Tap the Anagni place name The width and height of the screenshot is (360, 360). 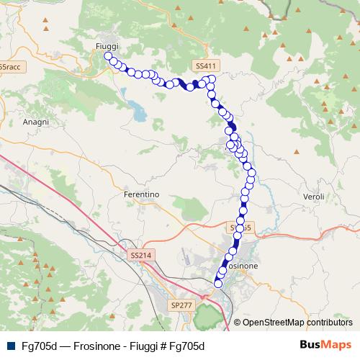(x=35, y=122)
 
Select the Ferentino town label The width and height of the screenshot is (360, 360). (x=141, y=194)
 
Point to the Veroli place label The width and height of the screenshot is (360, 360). (x=315, y=197)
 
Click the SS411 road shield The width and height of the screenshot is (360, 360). (x=206, y=66)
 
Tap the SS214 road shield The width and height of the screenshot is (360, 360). (x=141, y=255)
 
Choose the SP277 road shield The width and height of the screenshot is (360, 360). (x=181, y=305)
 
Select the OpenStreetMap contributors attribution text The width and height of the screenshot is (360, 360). (x=297, y=322)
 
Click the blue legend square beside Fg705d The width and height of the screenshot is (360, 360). (x=11, y=345)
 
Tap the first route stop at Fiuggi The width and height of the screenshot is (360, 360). (x=108, y=55)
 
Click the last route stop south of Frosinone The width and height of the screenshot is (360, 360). (x=218, y=284)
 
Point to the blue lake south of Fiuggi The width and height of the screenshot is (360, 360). (x=136, y=109)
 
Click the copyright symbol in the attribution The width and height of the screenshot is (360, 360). (x=237, y=322)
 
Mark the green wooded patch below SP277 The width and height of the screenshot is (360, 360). (x=208, y=315)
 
